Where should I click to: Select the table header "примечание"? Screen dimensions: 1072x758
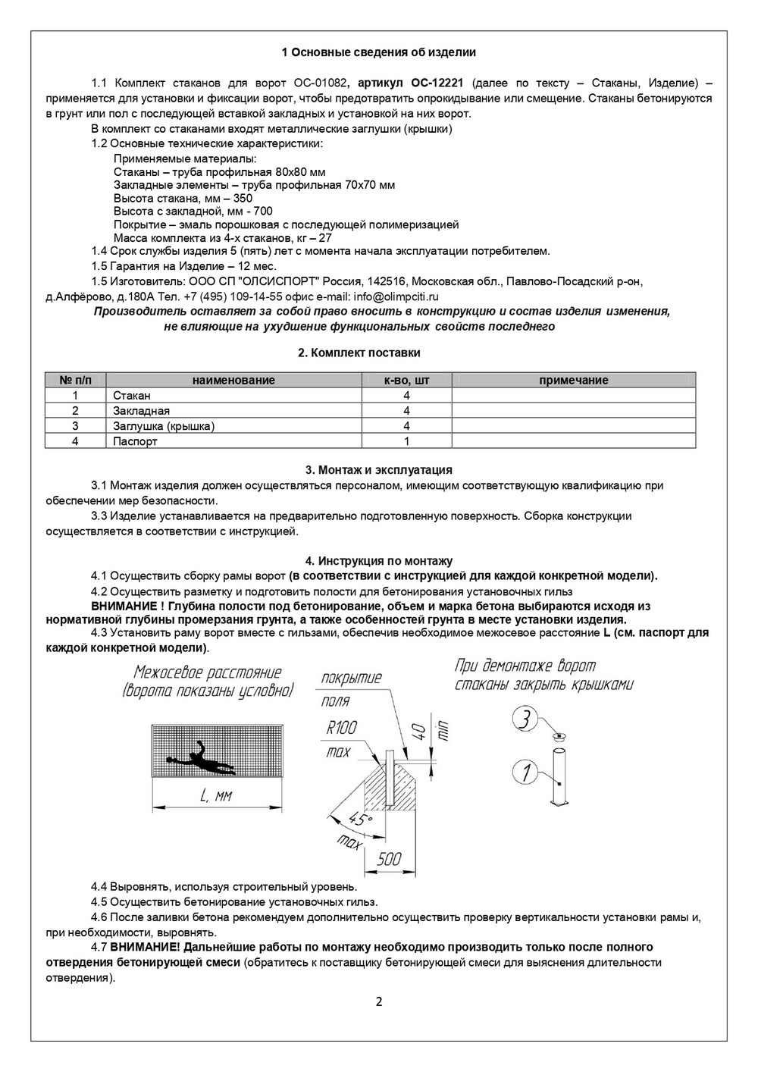tap(573, 380)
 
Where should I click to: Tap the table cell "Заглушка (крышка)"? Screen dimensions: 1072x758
tap(164, 426)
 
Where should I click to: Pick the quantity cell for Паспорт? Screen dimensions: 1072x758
tap(406, 441)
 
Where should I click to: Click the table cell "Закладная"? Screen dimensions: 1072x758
tap(141, 411)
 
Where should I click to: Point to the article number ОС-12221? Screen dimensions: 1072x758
tap(437, 83)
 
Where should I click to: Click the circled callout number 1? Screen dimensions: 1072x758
tap(525, 773)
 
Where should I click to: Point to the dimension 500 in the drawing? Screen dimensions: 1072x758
tap(389, 858)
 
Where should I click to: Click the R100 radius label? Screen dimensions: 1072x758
tap(341, 729)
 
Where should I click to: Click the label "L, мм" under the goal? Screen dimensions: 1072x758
tap(215, 795)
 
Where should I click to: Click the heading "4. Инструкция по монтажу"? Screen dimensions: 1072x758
tap(379, 561)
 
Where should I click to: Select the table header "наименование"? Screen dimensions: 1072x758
tap(233, 380)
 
